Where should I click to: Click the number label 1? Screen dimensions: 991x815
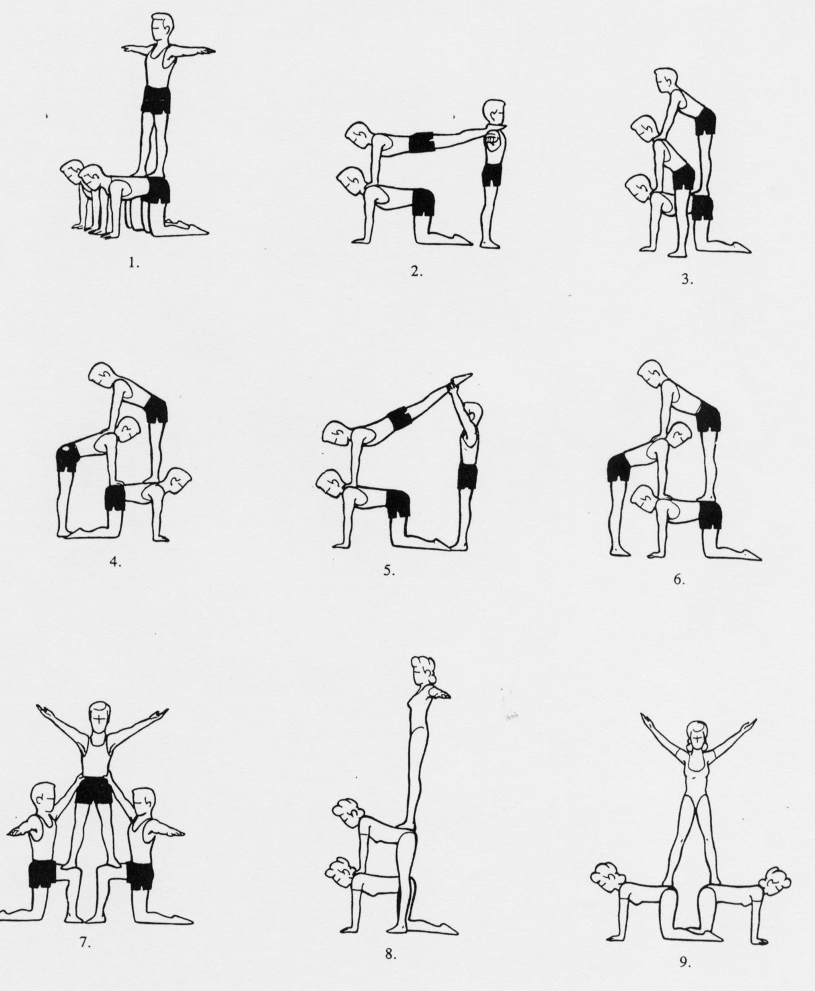(134, 262)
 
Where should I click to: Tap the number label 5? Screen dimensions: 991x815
(389, 571)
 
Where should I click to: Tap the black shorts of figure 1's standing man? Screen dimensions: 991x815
(156, 99)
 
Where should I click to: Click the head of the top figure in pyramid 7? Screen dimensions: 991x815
(98, 717)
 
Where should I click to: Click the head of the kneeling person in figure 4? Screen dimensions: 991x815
(179, 479)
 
